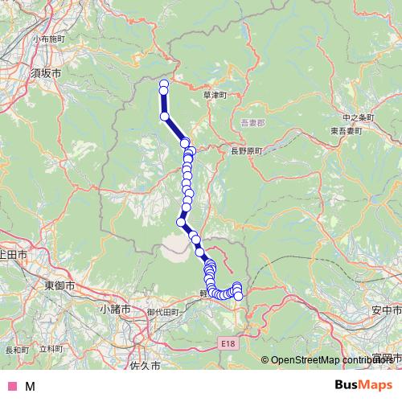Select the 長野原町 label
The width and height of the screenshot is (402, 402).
click(x=248, y=150)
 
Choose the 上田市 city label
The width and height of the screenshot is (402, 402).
click(x=13, y=254)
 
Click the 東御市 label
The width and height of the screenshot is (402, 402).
click(x=59, y=285)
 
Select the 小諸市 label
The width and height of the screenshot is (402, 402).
click(x=115, y=308)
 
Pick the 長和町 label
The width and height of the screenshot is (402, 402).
click(x=16, y=350)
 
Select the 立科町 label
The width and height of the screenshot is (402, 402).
click(x=50, y=349)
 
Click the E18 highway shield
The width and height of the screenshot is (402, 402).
click(x=230, y=343)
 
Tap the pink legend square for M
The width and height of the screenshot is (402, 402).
click(x=11, y=386)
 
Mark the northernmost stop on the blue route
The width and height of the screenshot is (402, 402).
click(x=164, y=84)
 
